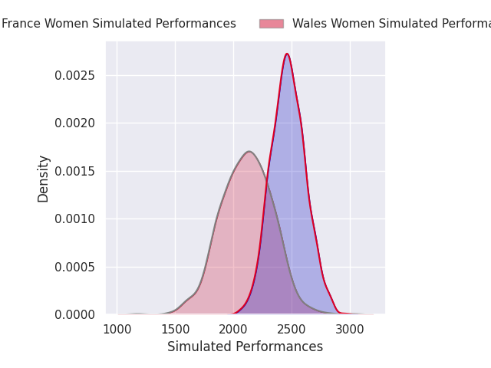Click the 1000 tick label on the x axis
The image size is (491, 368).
[117, 330]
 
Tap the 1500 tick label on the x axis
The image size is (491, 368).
[176, 330]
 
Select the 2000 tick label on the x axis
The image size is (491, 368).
[234, 330]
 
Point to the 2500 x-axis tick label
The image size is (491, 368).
[292, 330]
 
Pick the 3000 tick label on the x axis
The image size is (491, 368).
[351, 330]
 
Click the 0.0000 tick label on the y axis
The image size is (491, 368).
[74, 314]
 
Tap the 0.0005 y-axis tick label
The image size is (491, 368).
[74, 267]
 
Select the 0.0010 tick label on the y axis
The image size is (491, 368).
[74, 219]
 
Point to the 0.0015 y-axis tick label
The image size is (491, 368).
[74, 171]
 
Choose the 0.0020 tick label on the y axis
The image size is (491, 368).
[74, 123]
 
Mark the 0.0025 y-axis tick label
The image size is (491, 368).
[74, 75]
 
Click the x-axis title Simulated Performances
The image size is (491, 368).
[245, 347]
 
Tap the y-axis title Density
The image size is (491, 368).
[44, 179]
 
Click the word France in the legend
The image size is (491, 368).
[20, 24]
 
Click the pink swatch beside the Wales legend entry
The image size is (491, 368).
[271, 24]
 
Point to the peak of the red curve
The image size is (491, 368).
[287, 54]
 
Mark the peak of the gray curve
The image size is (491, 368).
[250, 151]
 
